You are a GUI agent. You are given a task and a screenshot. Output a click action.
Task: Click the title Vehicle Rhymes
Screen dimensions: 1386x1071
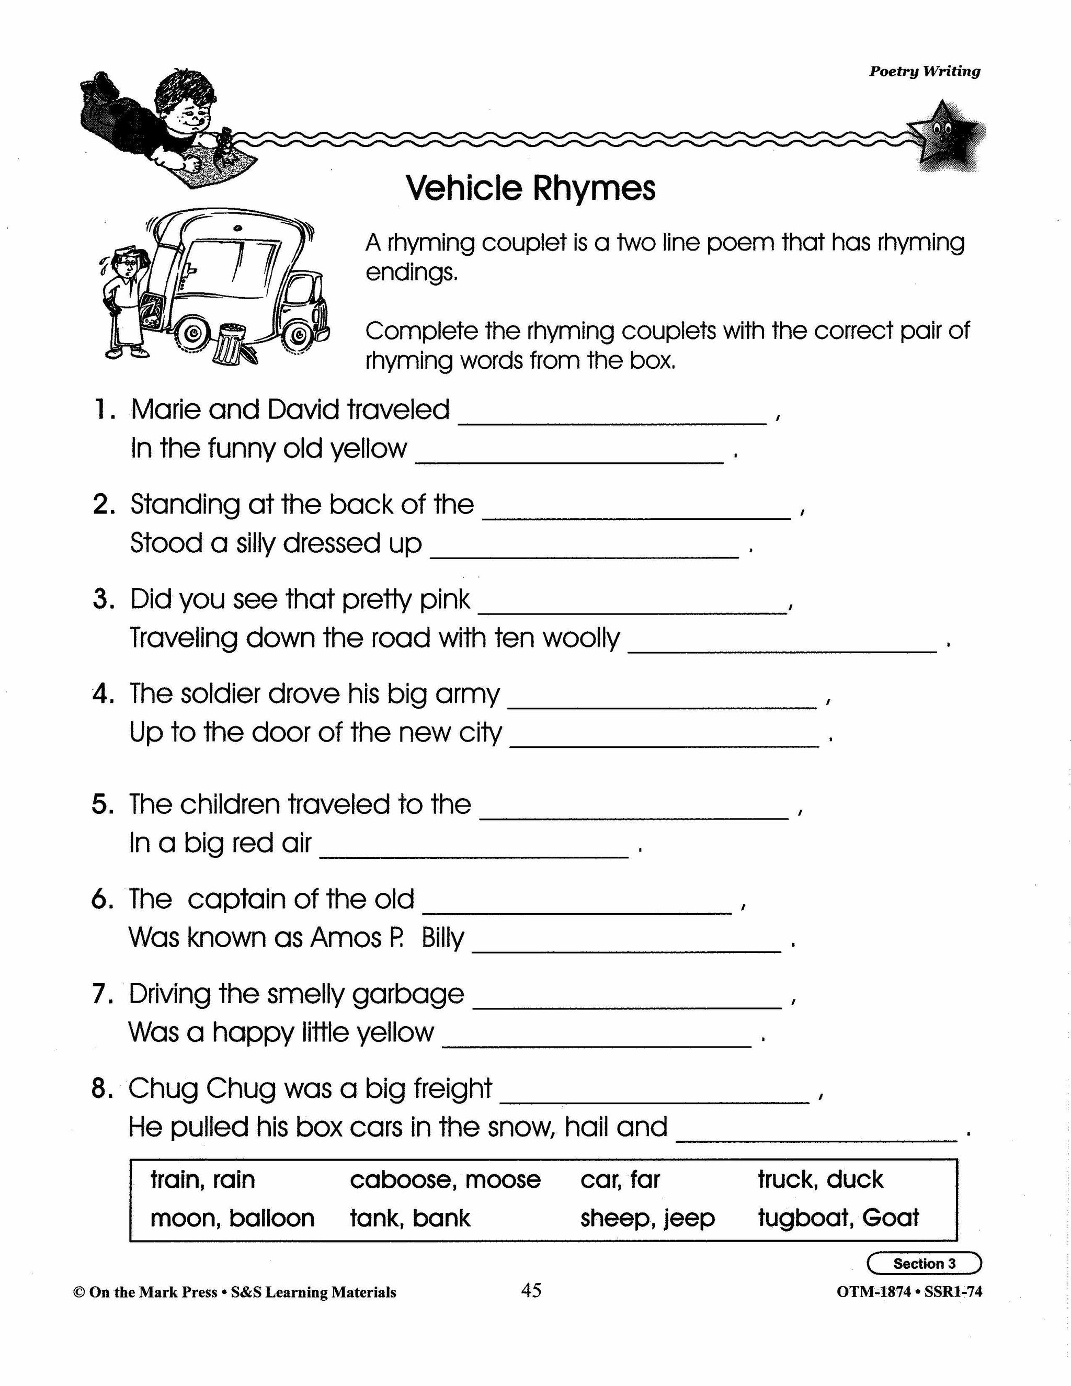pyautogui.click(x=530, y=188)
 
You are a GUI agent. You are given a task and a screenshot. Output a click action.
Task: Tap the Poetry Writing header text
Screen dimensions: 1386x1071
pyautogui.click(x=924, y=72)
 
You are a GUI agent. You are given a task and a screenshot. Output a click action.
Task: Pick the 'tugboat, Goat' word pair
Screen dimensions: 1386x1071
pyautogui.click(x=838, y=1218)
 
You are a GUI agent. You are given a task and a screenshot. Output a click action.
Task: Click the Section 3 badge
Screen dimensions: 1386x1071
pyautogui.click(x=924, y=1263)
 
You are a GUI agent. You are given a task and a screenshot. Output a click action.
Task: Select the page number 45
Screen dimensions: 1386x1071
pyautogui.click(x=531, y=1291)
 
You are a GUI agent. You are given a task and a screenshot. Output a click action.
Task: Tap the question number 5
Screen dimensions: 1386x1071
pyautogui.click(x=101, y=805)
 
